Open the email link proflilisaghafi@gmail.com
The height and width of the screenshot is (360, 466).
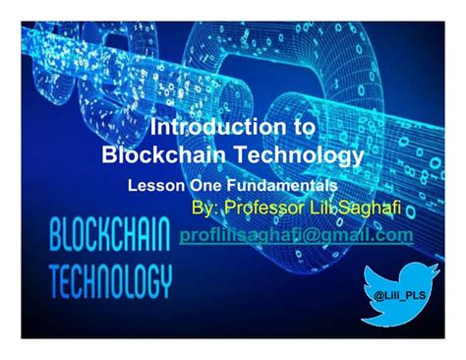point(296,236)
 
